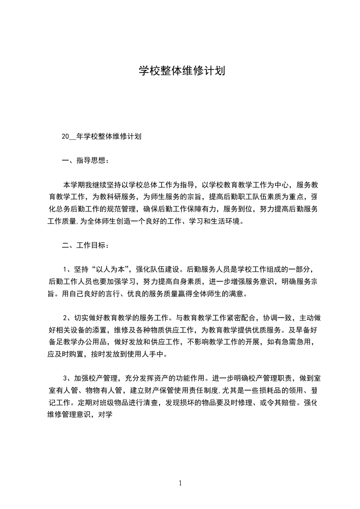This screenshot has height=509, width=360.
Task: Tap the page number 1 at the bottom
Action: coord(180,483)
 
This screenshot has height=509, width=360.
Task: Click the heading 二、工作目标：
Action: coord(85,245)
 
